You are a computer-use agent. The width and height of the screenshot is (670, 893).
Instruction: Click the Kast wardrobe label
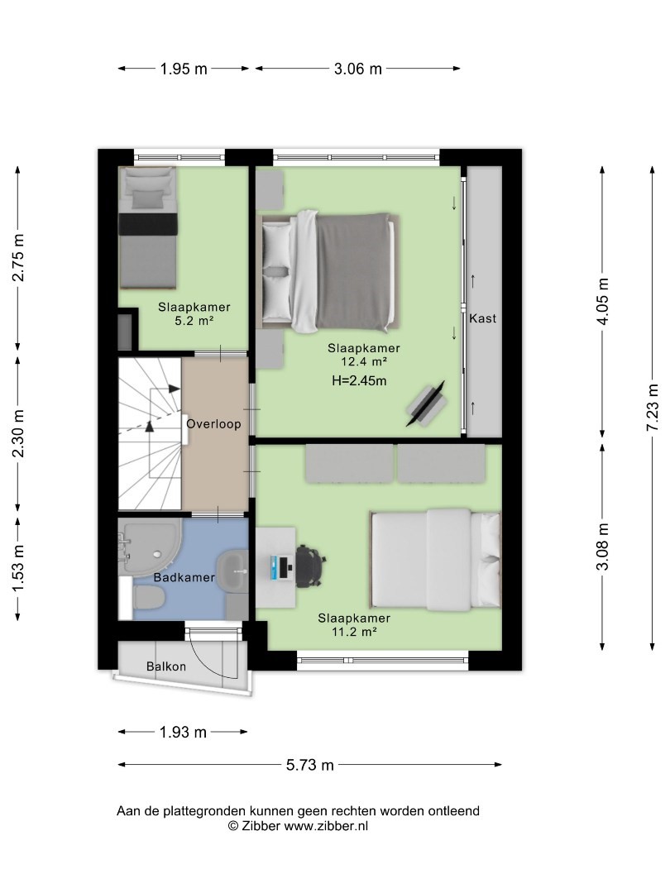click(x=482, y=318)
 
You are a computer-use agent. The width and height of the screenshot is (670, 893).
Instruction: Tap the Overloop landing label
click(x=213, y=423)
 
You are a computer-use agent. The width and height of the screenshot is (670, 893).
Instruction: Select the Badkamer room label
click(x=184, y=577)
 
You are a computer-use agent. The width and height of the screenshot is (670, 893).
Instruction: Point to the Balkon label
click(x=165, y=666)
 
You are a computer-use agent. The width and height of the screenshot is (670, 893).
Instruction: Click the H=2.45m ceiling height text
click(x=359, y=381)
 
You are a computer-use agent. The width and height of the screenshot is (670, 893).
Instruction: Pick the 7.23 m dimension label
click(x=653, y=408)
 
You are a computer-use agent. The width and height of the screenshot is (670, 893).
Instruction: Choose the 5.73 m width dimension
click(x=310, y=765)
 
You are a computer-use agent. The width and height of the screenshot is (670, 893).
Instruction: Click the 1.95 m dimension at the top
click(x=184, y=69)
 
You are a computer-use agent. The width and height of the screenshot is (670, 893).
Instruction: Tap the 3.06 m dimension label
click(x=358, y=69)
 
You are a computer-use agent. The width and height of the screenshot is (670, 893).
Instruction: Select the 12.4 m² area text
click(x=364, y=361)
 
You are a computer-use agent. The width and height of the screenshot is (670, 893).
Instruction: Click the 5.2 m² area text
click(x=194, y=321)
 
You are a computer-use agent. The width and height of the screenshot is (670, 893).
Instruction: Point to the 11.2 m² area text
click(x=354, y=631)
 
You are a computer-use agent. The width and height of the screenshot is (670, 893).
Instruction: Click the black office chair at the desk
click(x=310, y=564)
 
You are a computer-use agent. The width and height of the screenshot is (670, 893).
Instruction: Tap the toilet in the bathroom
click(x=149, y=598)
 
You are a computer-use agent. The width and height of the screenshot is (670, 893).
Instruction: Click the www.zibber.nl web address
click(x=326, y=826)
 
